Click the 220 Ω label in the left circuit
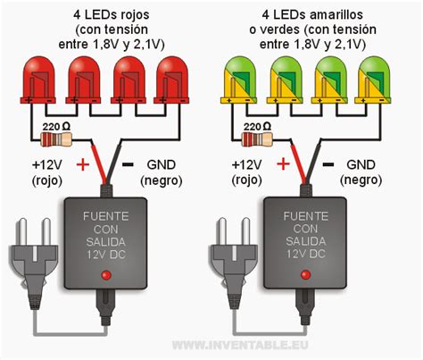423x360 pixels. click(56, 125)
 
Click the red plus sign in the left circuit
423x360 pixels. click(83, 163)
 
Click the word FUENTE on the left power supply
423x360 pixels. click(105, 216)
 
